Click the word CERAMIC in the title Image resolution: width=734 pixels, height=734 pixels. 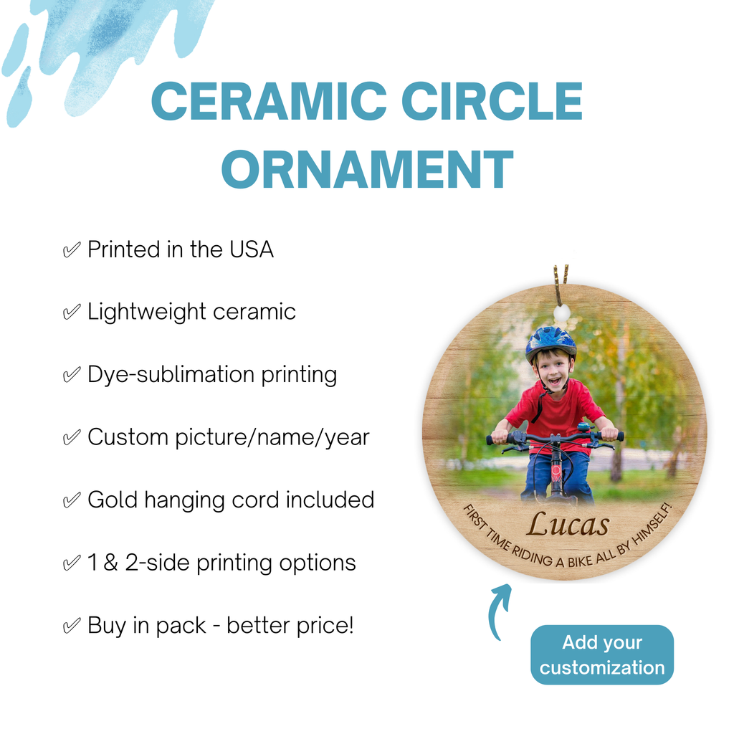(269, 102)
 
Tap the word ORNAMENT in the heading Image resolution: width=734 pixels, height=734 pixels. (368, 169)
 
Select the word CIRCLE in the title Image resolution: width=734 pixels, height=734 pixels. (492, 102)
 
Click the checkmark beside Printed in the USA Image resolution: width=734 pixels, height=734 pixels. (72, 250)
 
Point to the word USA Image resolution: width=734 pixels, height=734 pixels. (252, 249)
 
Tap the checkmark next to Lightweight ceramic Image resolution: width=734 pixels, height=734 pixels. (72, 313)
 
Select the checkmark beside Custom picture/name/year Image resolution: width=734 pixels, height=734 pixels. (72, 438)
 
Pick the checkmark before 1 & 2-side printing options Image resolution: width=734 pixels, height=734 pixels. (72, 563)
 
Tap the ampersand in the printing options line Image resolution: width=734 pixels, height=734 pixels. (110, 563)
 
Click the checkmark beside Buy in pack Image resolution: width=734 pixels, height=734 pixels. (72, 626)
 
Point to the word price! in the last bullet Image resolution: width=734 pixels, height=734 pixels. (325, 626)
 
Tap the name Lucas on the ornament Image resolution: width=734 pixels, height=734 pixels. (568, 524)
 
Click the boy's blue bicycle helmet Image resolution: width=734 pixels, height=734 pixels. (551, 343)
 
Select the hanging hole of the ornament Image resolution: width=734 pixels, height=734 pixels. (562, 312)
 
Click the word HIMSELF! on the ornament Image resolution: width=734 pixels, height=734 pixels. (652, 525)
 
